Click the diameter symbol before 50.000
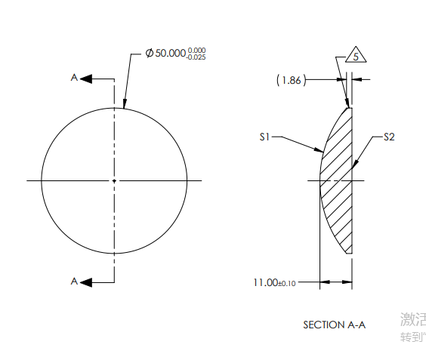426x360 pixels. (x=149, y=54)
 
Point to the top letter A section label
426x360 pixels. (x=74, y=77)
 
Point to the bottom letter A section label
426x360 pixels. (x=74, y=281)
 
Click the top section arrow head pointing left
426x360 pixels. (x=86, y=78)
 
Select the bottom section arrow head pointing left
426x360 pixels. (x=86, y=282)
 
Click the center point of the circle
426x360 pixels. (x=114, y=180)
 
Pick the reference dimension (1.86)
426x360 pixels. (x=292, y=79)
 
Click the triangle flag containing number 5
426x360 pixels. (x=357, y=56)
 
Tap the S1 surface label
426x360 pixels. (x=264, y=137)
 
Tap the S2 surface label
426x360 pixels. (x=390, y=137)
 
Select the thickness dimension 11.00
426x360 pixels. (x=265, y=282)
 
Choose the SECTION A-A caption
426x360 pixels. (x=334, y=325)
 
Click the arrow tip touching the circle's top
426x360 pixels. (x=124, y=107)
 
